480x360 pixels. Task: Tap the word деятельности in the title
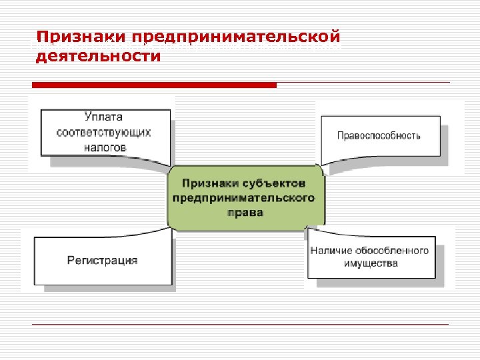click(97, 56)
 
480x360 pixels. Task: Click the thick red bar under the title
click(154, 85)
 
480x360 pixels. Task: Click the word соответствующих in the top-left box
click(104, 131)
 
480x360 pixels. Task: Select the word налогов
click(104, 147)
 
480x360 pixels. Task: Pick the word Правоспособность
click(379, 135)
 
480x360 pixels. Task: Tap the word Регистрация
click(103, 260)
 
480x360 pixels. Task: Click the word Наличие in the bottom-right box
click(331, 251)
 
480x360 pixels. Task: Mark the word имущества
click(371, 263)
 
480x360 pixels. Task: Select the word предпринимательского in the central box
click(244, 198)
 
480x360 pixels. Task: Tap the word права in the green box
click(244, 213)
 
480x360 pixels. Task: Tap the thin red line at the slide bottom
click(240, 324)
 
